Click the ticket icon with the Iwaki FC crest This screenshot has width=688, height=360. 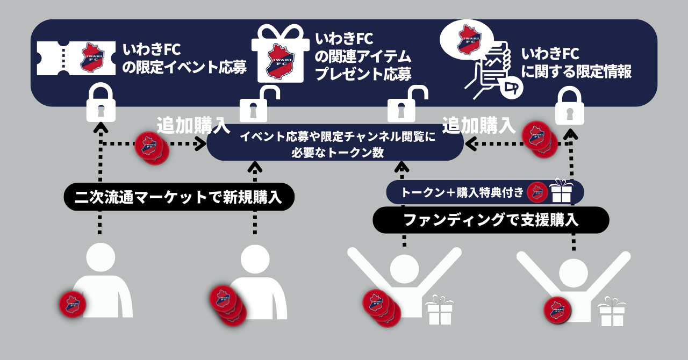[x=75, y=58]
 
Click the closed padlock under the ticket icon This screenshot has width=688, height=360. [x=101, y=104]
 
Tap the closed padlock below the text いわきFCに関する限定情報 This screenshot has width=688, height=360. [x=570, y=105]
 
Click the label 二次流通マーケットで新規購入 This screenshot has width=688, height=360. [x=180, y=197]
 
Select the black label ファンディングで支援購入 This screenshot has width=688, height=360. [x=490, y=220]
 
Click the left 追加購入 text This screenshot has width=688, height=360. [x=193, y=125]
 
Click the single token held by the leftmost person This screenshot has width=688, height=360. [x=73, y=304]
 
